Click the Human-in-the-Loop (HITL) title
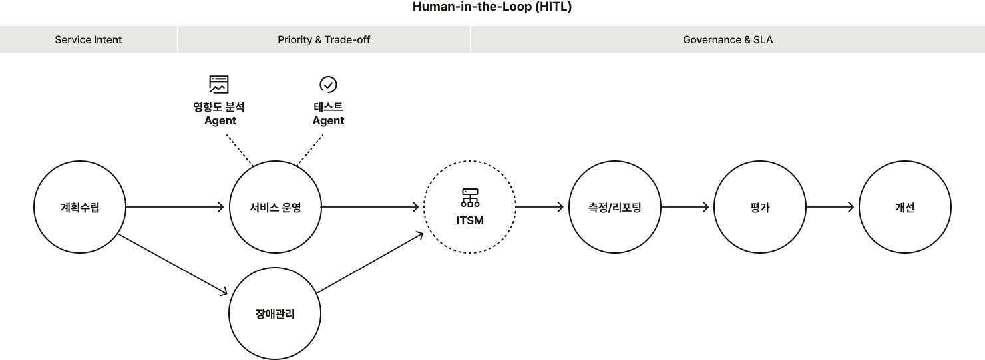pos(492,7)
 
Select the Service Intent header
pos(89,39)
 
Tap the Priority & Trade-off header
pos(323,39)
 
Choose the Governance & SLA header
pos(727,39)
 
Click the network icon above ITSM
pos(470,198)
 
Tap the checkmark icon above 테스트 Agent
pos(329,85)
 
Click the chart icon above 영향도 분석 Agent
pos(218,85)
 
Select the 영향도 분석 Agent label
pos(219,114)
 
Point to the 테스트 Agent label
pos(329,114)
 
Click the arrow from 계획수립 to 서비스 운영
pos(175,207)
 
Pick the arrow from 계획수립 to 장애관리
pos(172,264)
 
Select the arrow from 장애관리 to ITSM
pos(370,262)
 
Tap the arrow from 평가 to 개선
pos(830,207)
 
